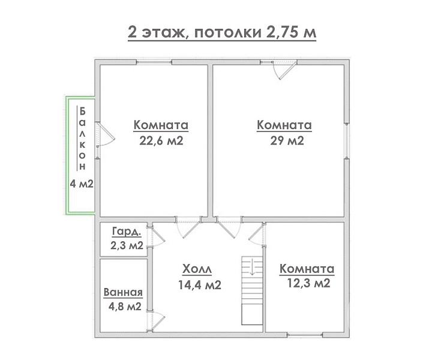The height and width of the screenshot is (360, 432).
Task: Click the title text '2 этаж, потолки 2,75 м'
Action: (x=222, y=32)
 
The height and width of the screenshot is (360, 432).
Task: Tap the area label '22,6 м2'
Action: (x=161, y=141)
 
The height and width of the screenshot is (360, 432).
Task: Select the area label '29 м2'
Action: (x=287, y=140)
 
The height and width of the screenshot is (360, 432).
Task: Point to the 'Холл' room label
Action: (x=197, y=269)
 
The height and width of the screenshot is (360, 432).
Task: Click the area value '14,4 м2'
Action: (x=200, y=284)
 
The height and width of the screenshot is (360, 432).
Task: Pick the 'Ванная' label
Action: (x=123, y=292)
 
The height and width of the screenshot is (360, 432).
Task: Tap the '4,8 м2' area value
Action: (x=125, y=306)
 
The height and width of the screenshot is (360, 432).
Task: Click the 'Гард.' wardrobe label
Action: (x=127, y=232)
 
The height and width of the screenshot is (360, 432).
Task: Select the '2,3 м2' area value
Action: (x=127, y=245)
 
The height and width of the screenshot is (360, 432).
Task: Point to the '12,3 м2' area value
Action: (x=308, y=283)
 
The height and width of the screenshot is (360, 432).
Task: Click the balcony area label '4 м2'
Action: (x=82, y=184)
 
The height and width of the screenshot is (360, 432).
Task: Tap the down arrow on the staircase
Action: (x=252, y=267)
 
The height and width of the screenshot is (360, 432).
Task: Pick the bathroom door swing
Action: (x=155, y=321)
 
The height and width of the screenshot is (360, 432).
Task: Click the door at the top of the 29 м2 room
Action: (x=284, y=70)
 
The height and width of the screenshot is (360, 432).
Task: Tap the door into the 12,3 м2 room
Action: (x=257, y=233)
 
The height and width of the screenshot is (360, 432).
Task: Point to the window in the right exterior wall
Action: (x=347, y=141)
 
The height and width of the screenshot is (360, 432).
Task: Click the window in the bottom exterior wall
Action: (x=304, y=335)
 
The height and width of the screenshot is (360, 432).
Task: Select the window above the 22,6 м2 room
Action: (x=154, y=62)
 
